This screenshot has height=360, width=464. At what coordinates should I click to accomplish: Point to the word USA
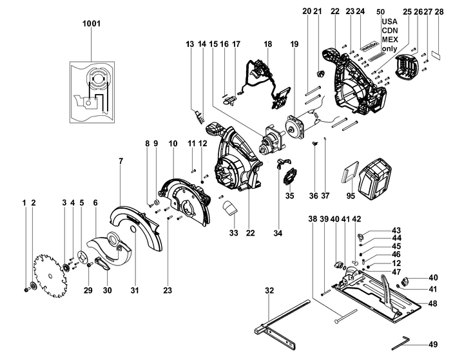click(x=389, y=21)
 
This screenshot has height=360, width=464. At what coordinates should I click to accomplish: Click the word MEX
click(x=390, y=39)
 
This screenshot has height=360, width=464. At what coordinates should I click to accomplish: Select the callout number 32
click(x=269, y=290)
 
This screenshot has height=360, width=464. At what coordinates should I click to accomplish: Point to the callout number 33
click(x=233, y=232)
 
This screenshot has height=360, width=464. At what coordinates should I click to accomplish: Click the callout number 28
click(x=439, y=12)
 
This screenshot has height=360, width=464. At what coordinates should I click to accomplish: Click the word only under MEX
click(x=389, y=48)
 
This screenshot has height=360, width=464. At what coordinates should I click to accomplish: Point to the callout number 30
click(x=108, y=290)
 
